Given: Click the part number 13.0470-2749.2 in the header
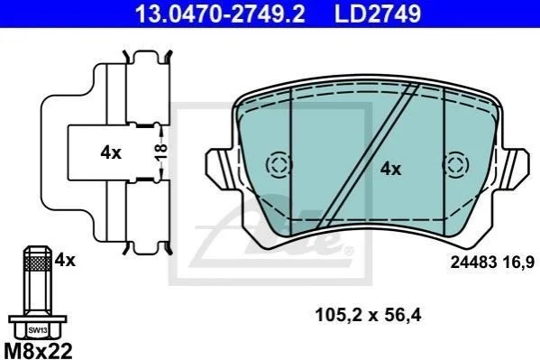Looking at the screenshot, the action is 220,14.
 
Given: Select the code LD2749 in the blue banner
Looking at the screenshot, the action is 378,14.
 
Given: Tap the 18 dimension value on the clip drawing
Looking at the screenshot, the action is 160,152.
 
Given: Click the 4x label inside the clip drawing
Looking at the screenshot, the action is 111,152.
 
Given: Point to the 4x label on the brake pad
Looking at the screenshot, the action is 391,169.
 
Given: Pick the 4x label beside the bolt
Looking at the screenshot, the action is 65,260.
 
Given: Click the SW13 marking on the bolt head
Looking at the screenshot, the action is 38,330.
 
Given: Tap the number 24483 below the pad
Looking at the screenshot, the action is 474,263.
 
